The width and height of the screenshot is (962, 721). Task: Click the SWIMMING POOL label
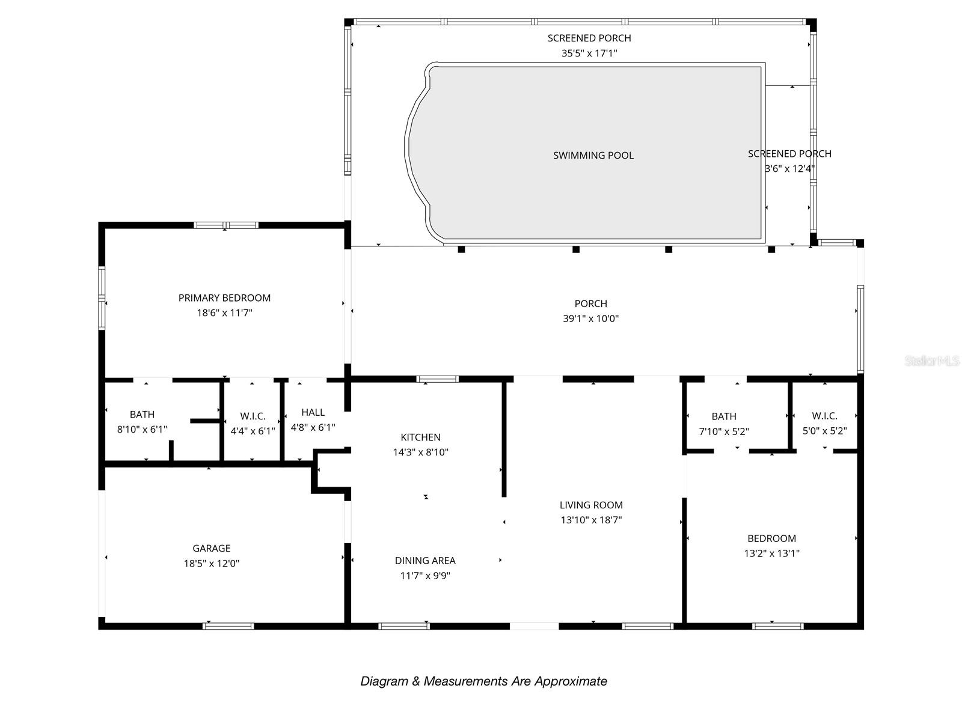pyautogui.click(x=593, y=156)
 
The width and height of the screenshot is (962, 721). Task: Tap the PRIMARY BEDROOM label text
pyautogui.click(x=224, y=298)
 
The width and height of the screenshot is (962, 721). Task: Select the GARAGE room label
pyautogui.click(x=211, y=548)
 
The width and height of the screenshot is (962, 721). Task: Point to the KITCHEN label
pyautogui.click(x=420, y=437)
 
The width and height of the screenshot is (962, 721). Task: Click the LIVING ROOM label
pyautogui.click(x=591, y=505)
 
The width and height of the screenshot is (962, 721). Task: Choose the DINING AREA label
pyautogui.click(x=425, y=561)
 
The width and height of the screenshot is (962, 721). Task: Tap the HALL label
pyautogui.click(x=313, y=412)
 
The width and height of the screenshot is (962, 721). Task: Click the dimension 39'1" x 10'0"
pyautogui.click(x=591, y=318)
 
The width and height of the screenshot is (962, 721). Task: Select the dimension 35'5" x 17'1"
pyautogui.click(x=589, y=53)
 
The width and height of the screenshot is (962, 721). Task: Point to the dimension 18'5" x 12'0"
pyautogui.click(x=211, y=564)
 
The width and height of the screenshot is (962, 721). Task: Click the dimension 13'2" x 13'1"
pyautogui.click(x=771, y=553)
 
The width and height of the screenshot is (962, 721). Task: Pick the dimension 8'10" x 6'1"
pyautogui.click(x=142, y=430)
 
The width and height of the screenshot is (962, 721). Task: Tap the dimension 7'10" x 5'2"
pyautogui.click(x=723, y=431)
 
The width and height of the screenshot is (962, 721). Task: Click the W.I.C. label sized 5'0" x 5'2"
pyautogui.click(x=824, y=416)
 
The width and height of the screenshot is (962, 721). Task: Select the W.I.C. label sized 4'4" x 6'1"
pyautogui.click(x=253, y=416)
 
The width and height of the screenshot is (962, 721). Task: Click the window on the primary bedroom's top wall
pyautogui.click(x=226, y=225)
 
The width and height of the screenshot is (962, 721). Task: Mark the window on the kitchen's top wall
pyautogui.click(x=437, y=379)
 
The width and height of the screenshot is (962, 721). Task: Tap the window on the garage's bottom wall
pyautogui.click(x=228, y=627)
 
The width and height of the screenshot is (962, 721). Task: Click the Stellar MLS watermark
pyautogui.click(x=931, y=360)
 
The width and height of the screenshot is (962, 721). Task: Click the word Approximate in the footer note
pyautogui.click(x=571, y=681)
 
